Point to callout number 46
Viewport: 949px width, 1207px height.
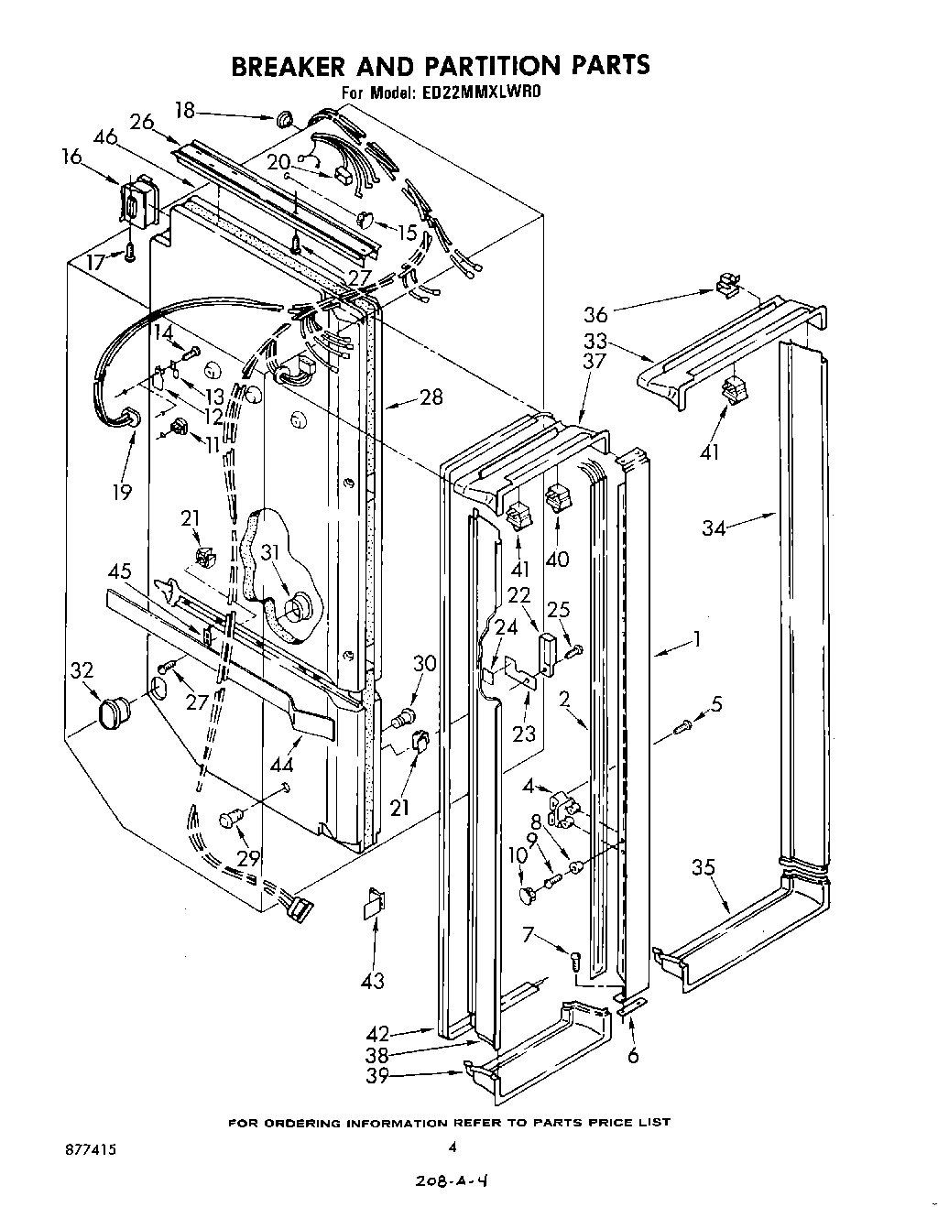pyautogui.click(x=105, y=137)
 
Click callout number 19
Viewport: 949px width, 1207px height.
pyautogui.click(x=123, y=492)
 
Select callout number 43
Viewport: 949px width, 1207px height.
pyautogui.click(x=373, y=981)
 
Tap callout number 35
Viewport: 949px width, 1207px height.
pyautogui.click(x=703, y=868)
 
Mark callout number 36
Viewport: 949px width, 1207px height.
pyautogui.click(x=596, y=315)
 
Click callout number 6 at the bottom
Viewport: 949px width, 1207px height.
pyautogui.click(x=633, y=1056)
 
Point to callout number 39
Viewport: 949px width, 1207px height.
pyautogui.click(x=378, y=1076)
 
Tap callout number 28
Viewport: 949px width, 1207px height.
pyautogui.click(x=430, y=397)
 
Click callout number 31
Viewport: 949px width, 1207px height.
pyautogui.click(x=270, y=552)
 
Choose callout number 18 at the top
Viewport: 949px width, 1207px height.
pyautogui.click(x=185, y=111)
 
